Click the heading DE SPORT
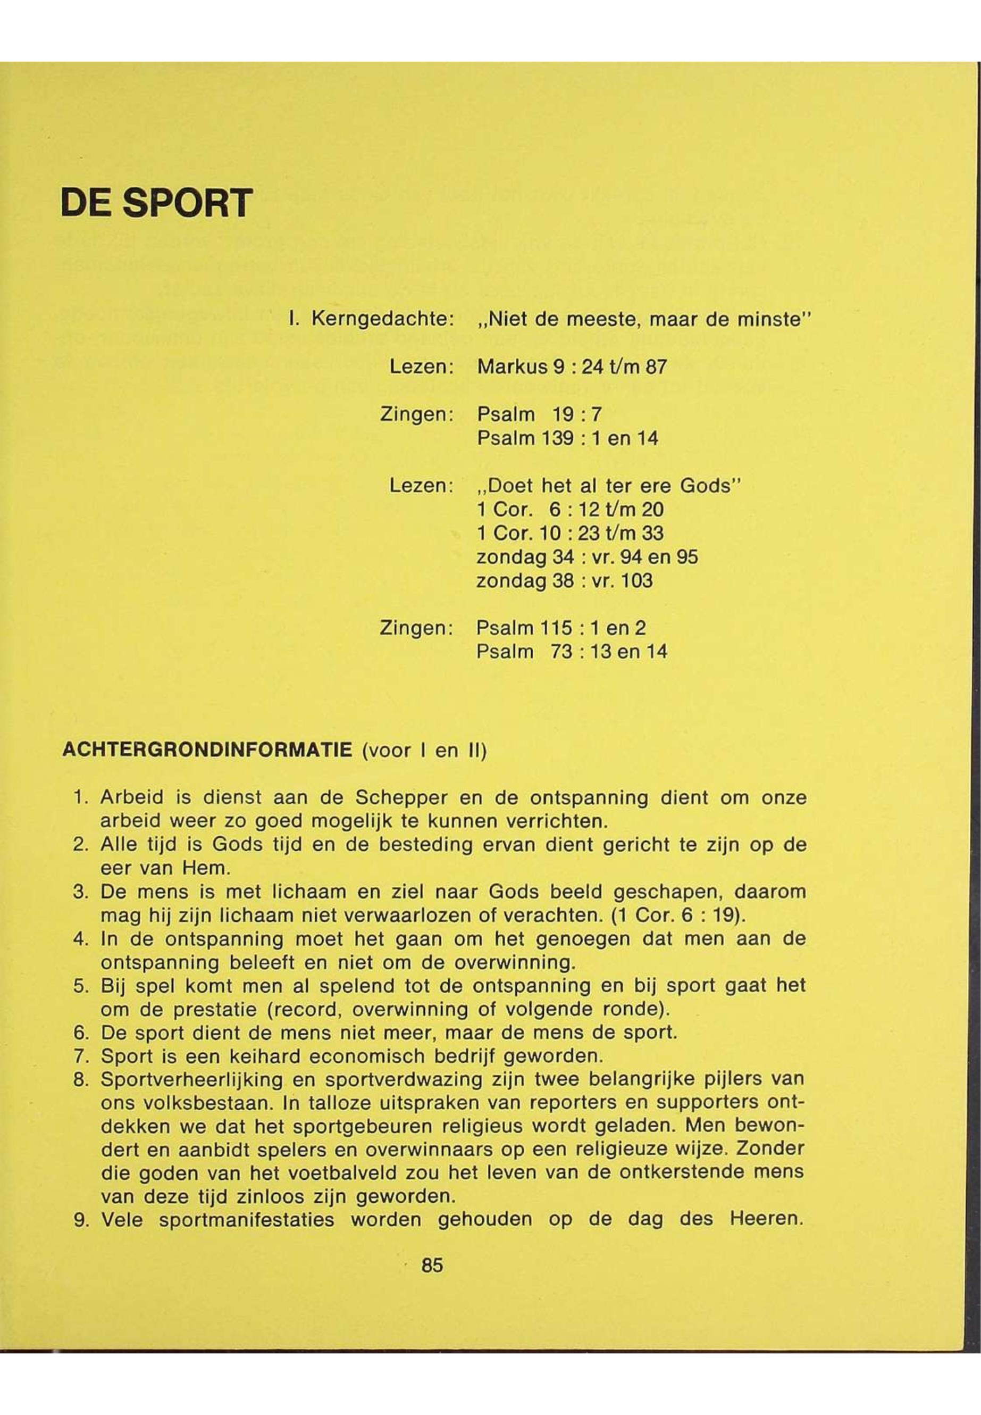tap(157, 202)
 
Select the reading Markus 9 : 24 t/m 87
tap(572, 367)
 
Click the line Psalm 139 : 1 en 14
tap(567, 438)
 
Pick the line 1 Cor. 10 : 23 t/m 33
tap(570, 533)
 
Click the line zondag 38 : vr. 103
tap(564, 580)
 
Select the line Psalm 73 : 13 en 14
tap(572, 651)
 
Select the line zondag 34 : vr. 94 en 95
tap(587, 557)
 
